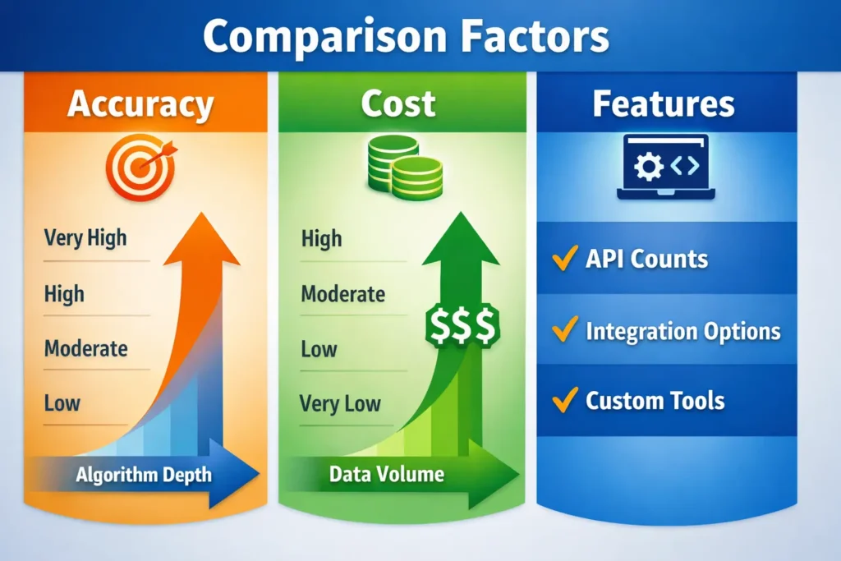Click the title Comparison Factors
(x=406, y=37)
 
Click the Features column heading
(x=664, y=104)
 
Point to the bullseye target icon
(x=140, y=168)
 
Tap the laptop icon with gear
(x=665, y=168)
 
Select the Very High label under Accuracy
(x=85, y=238)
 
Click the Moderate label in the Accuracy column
(x=85, y=347)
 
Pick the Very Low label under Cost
(x=340, y=403)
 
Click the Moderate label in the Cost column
(x=342, y=293)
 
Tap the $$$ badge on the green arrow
(x=461, y=325)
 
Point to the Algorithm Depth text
(x=144, y=474)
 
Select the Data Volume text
(x=386, y=474)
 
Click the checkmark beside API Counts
(x=564, y=259)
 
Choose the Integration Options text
(x=682, y=331)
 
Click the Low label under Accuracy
(x=62, y=402)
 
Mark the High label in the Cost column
(x=321, y=239)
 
